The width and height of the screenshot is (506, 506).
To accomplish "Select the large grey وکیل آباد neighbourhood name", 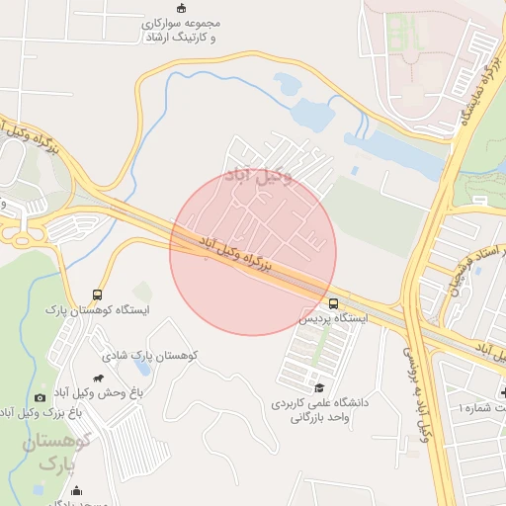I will point(259,177).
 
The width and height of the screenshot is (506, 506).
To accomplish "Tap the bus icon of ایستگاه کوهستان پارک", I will point(97,295).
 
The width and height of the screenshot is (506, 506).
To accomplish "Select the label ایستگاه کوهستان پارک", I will point(97,310).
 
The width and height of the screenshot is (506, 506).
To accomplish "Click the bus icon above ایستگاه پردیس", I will point(333,303).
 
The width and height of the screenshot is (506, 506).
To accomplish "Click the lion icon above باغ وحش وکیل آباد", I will point(98,378).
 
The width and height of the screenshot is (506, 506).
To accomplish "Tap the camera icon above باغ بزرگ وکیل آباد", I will point(40,397).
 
